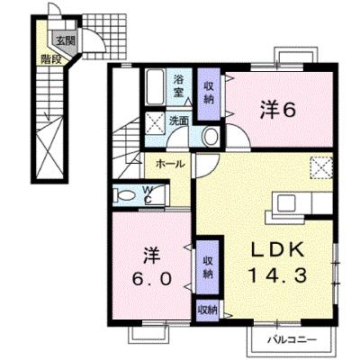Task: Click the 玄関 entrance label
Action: coord(65,40)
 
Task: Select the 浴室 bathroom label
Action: coord(179,85)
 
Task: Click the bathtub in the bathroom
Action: coord(155,86)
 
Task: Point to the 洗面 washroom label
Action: coord(179,121)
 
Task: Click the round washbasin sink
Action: coord(211,137)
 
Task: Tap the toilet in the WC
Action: coord(124,195)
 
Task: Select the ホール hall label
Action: coord(169,164)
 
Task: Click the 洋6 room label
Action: coord(277,110)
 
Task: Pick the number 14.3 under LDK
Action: coord(277,274)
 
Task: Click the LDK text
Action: coord(277,250)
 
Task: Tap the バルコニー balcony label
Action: coord(292,340)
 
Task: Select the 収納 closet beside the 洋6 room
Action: coord(209,94)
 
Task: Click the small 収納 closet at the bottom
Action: coord(208,310)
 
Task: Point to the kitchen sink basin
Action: coord(286,202)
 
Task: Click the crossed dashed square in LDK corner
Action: coord(321,168)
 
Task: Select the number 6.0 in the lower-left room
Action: coord(152,280)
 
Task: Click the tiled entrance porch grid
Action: coord(104,36)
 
